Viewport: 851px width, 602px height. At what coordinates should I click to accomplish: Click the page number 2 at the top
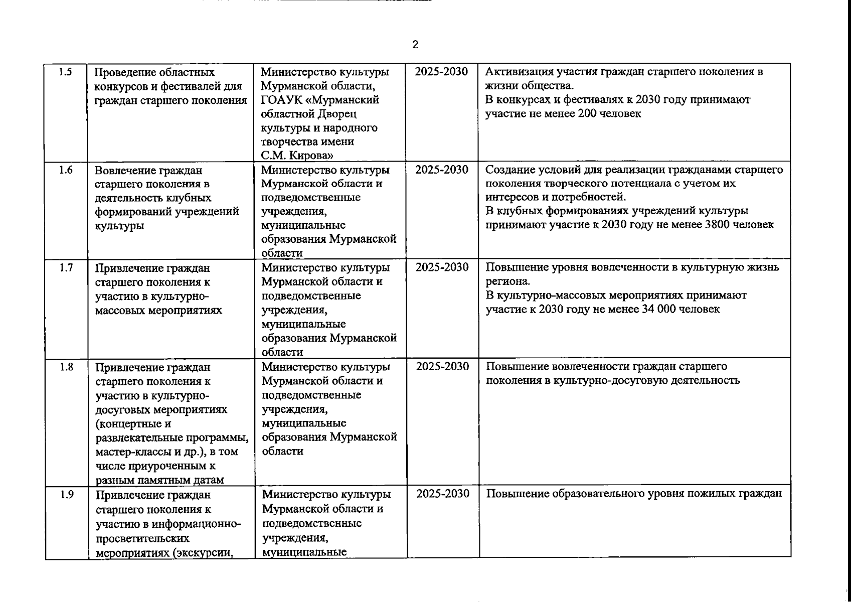pyautogui.click(x=415, y=45)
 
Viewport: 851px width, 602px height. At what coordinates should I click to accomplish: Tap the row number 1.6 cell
pyautogui.click(x=66, y=170)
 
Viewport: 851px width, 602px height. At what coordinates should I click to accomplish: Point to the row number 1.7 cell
pyautogui.click(x=66, y=268)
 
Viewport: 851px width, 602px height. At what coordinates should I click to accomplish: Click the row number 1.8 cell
pyautogui.click(x=66, y=367)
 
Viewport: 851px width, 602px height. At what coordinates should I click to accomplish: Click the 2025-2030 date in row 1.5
pyautogui.click(x=441, y=71)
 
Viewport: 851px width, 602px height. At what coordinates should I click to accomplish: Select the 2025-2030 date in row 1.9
pyautogui.click(x=443, y=494)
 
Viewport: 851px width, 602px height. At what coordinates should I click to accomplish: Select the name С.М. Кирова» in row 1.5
pyautogui.click(x=298, y=156)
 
